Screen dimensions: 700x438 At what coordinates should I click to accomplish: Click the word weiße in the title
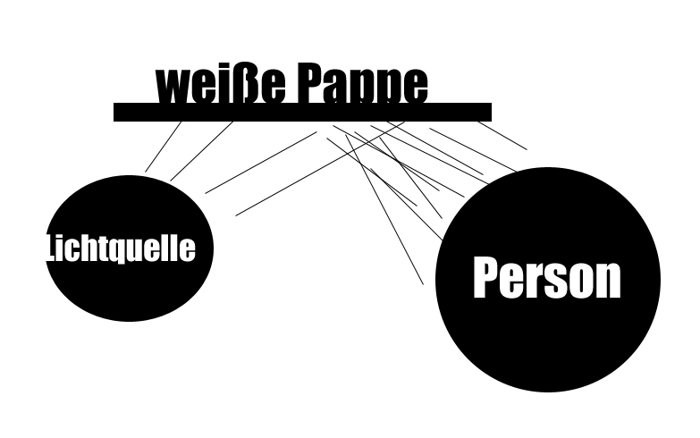[222, 84]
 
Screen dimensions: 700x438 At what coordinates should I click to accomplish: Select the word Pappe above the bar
[362, 84]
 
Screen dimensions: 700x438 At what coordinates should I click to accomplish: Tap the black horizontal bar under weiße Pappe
[302, 113]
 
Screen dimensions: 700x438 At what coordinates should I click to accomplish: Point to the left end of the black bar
[117, 113]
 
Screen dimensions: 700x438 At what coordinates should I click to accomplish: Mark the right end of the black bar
[488, 113]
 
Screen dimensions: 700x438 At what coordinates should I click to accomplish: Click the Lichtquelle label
[121, 248]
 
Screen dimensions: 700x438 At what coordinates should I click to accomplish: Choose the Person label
[546, 277]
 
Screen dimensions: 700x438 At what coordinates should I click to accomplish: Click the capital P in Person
[485, 277]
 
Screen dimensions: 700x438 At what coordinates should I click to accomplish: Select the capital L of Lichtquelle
[50, 248]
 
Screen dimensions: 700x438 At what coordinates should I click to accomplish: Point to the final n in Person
[608, 281]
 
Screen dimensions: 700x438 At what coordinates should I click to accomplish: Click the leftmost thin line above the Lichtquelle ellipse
[162, 147]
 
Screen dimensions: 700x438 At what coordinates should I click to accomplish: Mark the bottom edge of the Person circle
[547, 390]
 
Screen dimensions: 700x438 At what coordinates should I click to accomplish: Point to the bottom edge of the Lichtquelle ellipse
[128, 319]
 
